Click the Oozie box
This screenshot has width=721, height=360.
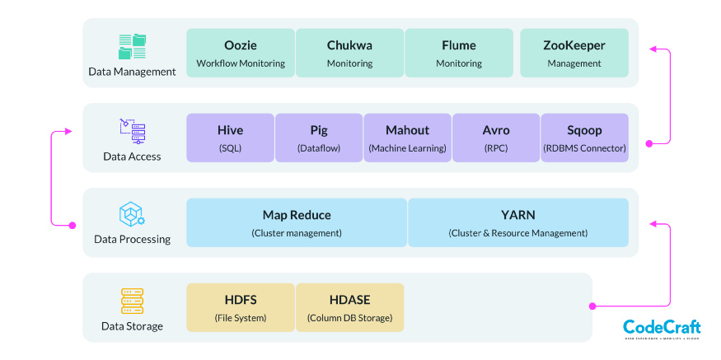coord(241,54)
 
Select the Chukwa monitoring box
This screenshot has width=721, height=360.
coord(349,54)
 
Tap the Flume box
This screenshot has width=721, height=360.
coord(459,54)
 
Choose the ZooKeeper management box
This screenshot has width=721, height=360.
coord(574,54)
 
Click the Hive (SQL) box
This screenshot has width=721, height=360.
coord(230,138)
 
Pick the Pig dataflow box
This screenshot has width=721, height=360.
coord(319,138)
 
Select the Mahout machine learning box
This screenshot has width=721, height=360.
coord(407,138)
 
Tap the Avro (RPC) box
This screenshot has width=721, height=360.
coord(496,138)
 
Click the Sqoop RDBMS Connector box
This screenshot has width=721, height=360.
coord(584,138)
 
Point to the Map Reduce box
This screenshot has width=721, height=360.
coord(297,222)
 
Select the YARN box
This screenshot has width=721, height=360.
coord(518,222)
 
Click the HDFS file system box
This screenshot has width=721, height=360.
coord(241,307)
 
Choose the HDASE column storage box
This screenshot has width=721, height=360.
coord(349,307)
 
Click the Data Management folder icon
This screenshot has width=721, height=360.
coord(132,46)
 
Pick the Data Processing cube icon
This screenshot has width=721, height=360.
coord(132,215)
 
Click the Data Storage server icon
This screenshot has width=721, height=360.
coord(132,301)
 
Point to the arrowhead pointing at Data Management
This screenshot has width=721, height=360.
coord(653,49)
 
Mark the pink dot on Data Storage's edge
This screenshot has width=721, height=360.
coord(592,306)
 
